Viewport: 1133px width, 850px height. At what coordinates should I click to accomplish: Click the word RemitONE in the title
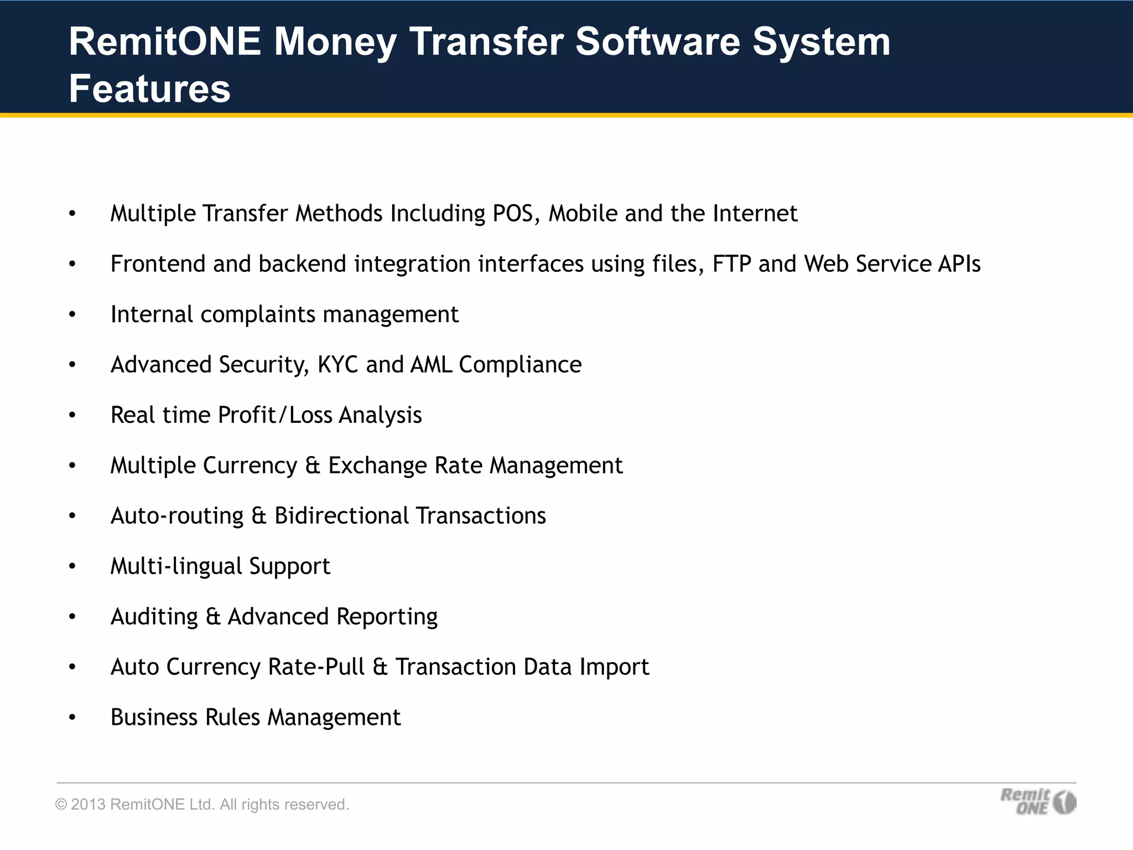coord(164,42)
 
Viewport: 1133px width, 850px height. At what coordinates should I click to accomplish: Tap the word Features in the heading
coord(149,89)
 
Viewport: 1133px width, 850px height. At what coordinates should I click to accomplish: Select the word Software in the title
coord(657,42)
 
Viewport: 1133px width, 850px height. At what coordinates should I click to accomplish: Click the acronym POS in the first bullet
coord(513,214)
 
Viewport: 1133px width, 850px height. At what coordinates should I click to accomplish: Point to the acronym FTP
coord(731,264)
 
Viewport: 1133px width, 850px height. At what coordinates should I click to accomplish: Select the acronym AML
coord(431,365)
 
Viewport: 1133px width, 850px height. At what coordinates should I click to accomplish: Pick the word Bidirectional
coord(341,516)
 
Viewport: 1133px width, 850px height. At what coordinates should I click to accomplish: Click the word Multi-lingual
coord(176,567)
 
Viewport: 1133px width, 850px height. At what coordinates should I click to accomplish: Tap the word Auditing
coord(154,617)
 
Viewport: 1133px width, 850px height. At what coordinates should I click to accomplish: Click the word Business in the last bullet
coord(154,717)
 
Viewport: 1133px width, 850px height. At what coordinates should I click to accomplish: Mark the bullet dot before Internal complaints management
coord(72,314)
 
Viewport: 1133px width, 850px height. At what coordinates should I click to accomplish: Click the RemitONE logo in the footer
coord(1038,801)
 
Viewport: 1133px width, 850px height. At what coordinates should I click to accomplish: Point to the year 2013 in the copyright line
coord(88,804)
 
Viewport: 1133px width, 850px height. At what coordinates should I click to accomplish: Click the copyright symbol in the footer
coord(60,805)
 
